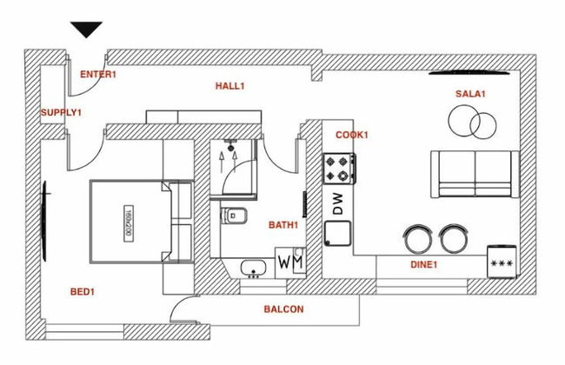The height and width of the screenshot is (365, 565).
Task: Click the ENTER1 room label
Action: (x=98, y=75)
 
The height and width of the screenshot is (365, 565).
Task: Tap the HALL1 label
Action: (x=230, y=86)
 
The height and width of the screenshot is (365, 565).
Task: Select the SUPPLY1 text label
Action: (x=61, y=113)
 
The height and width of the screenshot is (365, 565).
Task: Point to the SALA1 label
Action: (x=470, y=93)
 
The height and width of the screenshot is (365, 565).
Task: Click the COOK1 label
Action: (x=352, y=135)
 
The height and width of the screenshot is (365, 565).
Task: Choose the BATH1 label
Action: (x=283, y=225)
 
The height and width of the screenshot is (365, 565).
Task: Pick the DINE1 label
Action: (x=423, y=264)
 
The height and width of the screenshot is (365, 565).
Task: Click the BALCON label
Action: (x=283, y=309)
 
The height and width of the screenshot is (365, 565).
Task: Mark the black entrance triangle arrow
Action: (x=87, y=30)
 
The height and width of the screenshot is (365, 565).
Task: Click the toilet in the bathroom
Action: (x=236, y=215)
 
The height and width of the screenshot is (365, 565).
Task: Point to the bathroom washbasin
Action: (x=253, y=267)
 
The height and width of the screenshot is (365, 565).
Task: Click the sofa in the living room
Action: (x=474, y=174)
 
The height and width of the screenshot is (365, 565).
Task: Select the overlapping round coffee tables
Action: (x=469, y=121)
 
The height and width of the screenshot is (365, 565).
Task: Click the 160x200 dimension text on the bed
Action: (x=127, y=222)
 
